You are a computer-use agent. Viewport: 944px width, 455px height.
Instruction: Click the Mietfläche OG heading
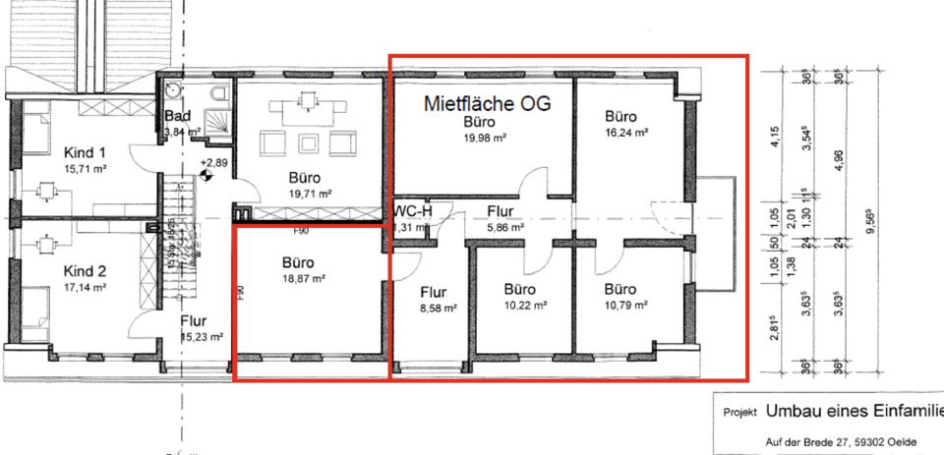click(x=486, y=103)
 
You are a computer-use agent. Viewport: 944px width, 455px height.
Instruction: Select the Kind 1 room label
click(x=84, y=153)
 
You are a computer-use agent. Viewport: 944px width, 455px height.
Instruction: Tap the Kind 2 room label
click(x=84, y=270)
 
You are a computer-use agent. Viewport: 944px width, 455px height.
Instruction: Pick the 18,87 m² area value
click(x=304, y=278)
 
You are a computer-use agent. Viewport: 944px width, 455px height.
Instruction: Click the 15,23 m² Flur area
click(x=202, y=336)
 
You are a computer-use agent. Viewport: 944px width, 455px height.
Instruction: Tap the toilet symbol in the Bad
click(x=217, y=95)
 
